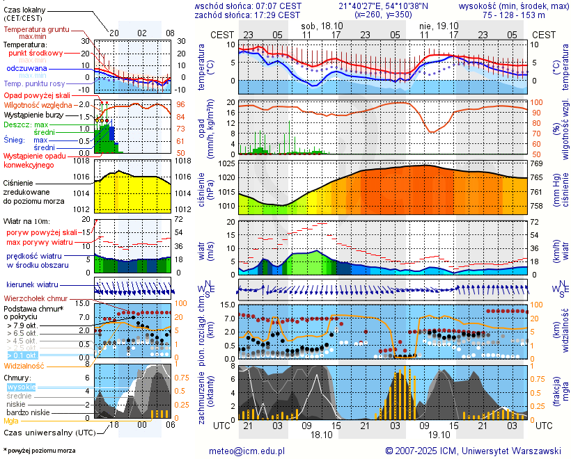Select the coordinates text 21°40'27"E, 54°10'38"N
tap(388, 6)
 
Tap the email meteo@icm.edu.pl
tap(247, 451)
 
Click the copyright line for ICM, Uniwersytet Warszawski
tap(474, 451)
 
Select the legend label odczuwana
tap(27, 69)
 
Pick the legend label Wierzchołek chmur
tap(33, 298)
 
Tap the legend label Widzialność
tap(24, 365)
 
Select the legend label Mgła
tap(11, 421)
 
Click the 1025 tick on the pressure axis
tap(226, 163)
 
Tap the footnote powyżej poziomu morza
tap(39, 451)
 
